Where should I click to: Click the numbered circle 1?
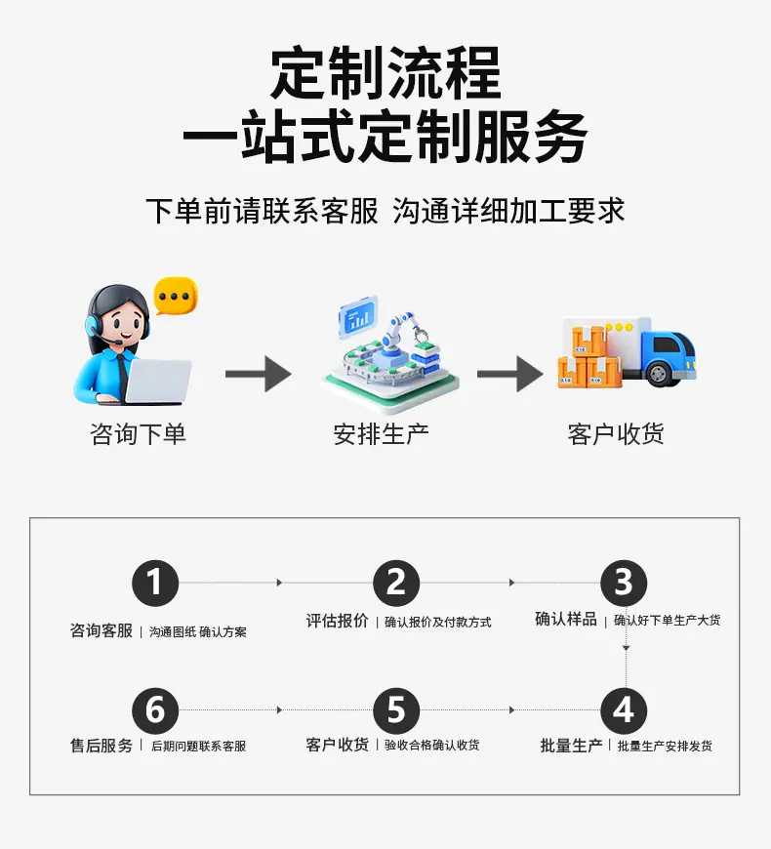155,583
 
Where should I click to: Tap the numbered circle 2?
396,583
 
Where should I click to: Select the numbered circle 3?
624,583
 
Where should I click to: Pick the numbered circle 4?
624,710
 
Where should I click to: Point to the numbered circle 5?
396,710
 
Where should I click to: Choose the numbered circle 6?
155,710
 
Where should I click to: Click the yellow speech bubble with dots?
176,297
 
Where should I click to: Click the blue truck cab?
669,354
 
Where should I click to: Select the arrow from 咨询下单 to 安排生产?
259,374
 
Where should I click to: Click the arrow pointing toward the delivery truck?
510,374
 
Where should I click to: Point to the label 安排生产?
382,434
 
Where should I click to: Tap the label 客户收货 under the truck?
616,434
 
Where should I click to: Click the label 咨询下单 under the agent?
138,434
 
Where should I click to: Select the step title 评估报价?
338,621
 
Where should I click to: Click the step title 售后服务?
101,746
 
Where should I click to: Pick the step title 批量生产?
571,746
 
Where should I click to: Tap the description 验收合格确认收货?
432,745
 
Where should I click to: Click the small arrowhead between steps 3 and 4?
626,648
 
